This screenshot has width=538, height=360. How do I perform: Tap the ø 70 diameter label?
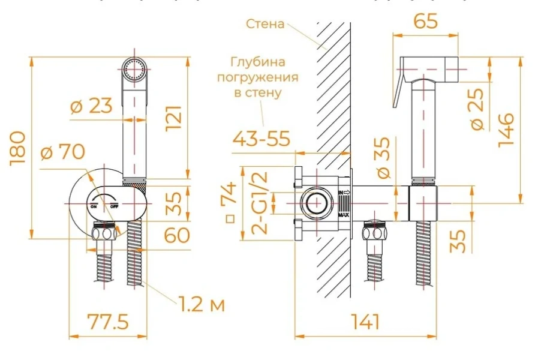(62, 152)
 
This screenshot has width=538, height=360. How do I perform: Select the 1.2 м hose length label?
(200, 305)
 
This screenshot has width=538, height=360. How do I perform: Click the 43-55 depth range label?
(262, 139)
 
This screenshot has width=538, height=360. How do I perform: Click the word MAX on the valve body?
(344, 214)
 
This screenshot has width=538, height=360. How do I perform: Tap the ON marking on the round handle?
(94, 206)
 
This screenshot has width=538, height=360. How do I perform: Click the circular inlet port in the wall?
(315, 203)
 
